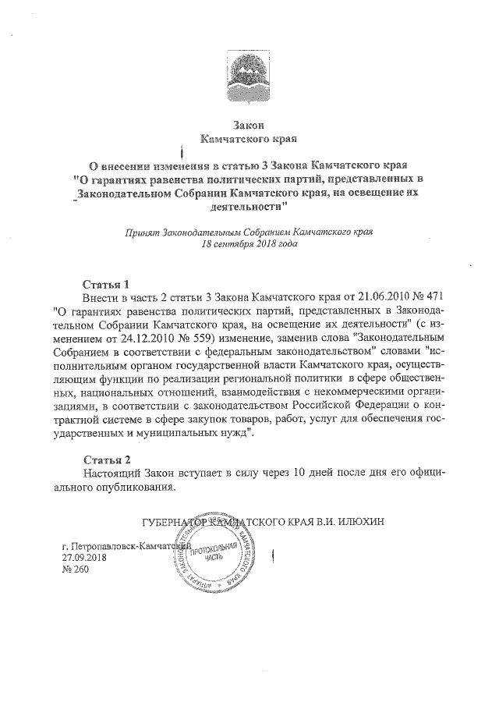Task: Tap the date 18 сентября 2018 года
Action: (x=249, y=243)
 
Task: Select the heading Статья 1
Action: (x=105, y=282)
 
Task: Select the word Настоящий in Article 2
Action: (x=114, y=474)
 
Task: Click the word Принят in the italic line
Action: (x=142, y=232)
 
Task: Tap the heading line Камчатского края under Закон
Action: (x=249, y=140)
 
